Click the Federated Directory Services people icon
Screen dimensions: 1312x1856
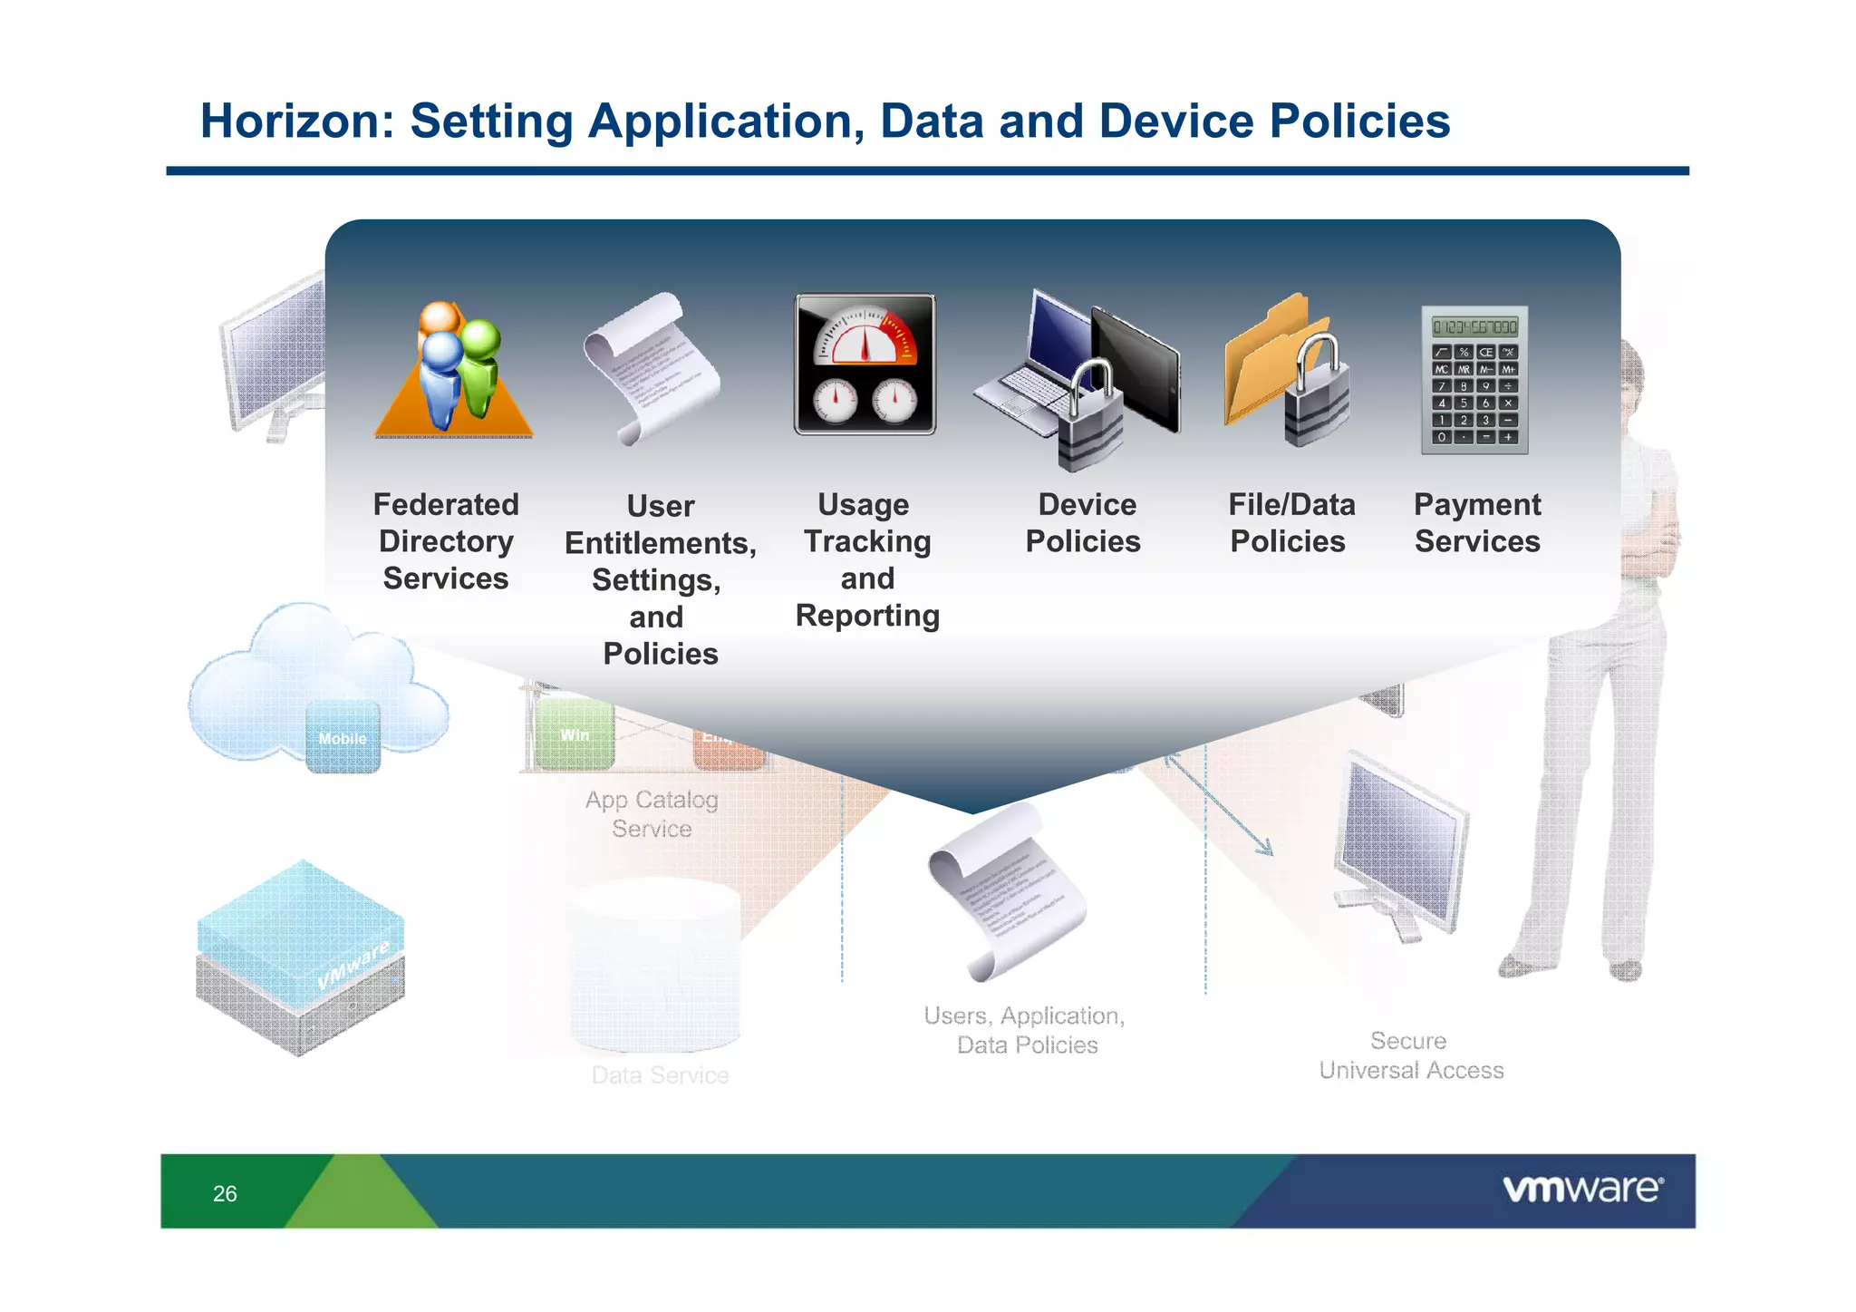pos(453,372)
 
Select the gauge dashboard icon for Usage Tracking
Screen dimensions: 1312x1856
pos(865,364)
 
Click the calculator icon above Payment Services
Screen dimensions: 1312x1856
pos(1474,380)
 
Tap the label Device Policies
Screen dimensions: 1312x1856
pos(1084,522)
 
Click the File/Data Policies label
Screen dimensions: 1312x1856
pos(1290,522)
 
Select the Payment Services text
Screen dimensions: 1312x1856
pos(1477,522)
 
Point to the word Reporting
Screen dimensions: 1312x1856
pos(867,616)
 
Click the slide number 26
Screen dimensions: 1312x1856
pos(225,1193)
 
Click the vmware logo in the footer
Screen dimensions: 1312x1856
pos(1582,1189)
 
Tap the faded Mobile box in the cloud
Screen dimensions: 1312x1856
pos(343,738)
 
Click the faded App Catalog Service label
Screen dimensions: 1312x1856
pos(652,813)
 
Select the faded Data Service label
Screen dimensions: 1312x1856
pos(660,1075)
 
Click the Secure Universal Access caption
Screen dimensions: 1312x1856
pos(1410,1055)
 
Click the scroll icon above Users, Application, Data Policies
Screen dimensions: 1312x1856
pos(1006,893)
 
